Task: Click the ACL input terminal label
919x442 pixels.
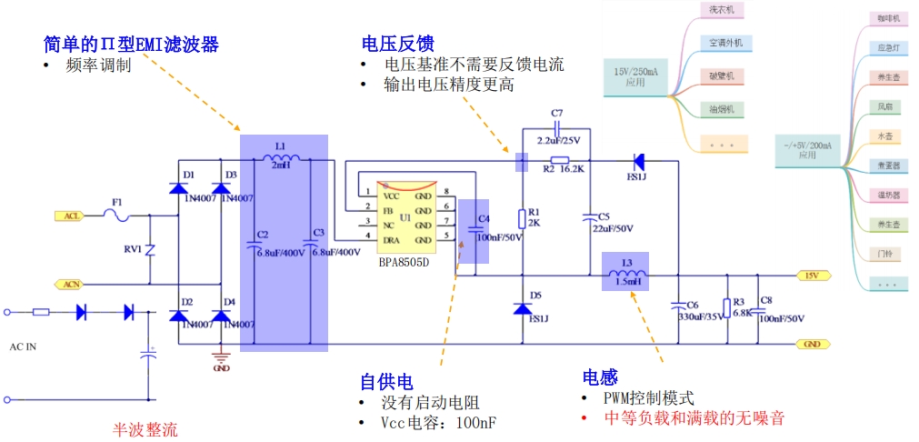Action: (x=69, y=216)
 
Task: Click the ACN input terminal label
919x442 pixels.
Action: (x=69, y=285)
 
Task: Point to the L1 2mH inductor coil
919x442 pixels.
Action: (x=281, y=160)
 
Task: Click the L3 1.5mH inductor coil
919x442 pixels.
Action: (x=627, y=274)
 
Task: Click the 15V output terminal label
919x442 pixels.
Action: (x=810, y=275)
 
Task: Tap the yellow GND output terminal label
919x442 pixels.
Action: (x=810, y=344)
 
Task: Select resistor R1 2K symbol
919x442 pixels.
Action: (x=523, y=218)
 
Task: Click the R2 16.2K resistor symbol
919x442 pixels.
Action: (x=560, y=160)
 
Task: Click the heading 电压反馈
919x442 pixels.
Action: (x=397, y=44)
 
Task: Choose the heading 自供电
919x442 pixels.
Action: (x=385, y=380)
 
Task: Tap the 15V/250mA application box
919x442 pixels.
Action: (x=635, y=76)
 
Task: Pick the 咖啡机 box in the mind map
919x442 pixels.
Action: (x=887, y=18)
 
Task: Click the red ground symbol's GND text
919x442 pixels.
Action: (x=220, y=368)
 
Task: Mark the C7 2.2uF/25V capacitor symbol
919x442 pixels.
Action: (x=557, y=128)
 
